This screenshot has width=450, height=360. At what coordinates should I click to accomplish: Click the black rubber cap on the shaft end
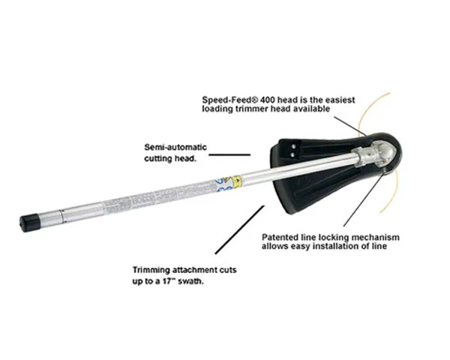coord(30,222)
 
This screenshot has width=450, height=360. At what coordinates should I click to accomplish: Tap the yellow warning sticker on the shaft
coord(237,181)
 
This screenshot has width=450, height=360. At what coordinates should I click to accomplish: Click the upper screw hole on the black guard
coord(293,146)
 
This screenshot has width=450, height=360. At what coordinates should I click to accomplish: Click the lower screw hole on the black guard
coord(292,154)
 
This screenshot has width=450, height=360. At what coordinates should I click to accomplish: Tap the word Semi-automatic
coord(175,147)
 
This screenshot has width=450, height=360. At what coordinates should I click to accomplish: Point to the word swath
coord(190,281)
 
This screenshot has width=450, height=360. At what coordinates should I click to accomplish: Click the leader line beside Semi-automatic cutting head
coord(229,154)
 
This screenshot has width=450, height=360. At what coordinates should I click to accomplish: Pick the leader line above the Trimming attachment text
coord(240,229)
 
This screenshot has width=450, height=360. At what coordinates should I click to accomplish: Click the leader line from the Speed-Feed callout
coord(350,126)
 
